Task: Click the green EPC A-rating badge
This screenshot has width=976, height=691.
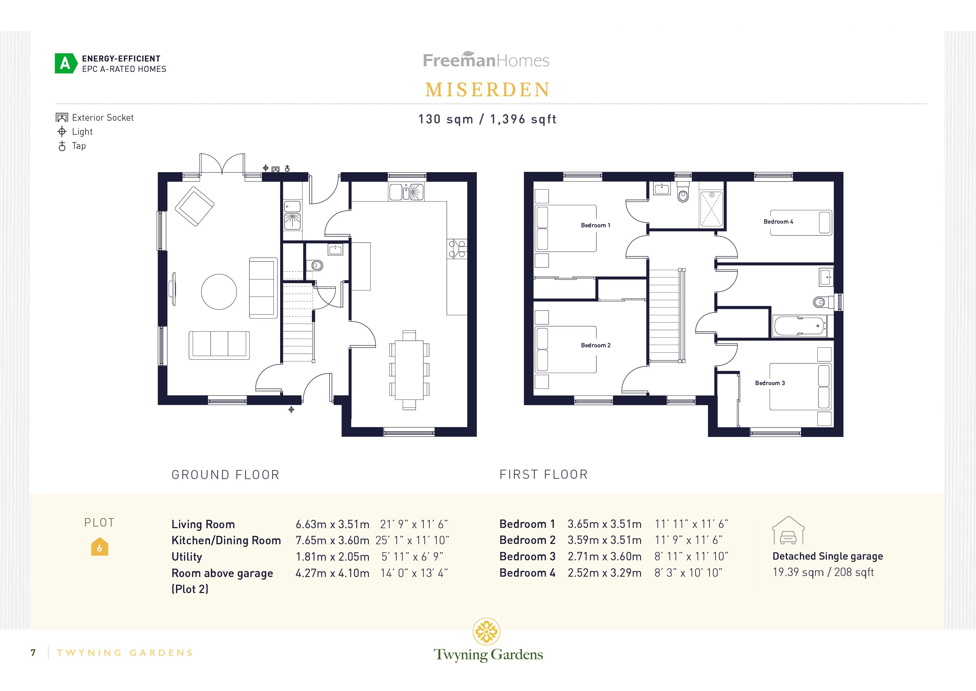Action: [65, 64]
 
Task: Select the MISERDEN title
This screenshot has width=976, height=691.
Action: [487, 90]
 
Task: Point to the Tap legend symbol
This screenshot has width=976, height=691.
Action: [62, 146]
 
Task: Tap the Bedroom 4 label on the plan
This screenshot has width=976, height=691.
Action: [778, 222]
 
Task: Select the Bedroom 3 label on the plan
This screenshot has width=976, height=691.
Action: [769, 383]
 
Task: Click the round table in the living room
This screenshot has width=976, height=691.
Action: [218, 292]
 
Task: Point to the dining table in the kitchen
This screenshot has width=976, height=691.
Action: [409, 369]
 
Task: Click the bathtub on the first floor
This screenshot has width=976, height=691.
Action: [799, 326]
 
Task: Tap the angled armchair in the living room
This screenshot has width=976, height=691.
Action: [194, 206]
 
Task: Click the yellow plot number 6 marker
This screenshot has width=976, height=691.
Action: [100, 548]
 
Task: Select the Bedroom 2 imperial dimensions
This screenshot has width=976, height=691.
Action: [688, 540]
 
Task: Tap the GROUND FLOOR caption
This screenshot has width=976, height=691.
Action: [225, 475]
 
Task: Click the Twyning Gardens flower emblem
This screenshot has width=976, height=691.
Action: [486, 631]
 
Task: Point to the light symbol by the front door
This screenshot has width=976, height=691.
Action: [291, 410]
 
